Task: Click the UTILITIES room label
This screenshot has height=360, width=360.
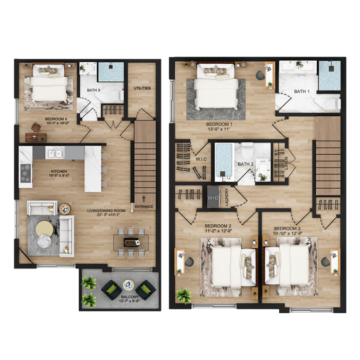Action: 142,88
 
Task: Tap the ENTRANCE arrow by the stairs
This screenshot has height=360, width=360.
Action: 143,199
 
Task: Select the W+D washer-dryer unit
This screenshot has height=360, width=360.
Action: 213,197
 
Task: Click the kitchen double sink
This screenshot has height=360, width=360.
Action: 55,153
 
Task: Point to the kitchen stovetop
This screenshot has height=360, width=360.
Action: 26,173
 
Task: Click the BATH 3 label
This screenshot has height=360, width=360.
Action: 94,90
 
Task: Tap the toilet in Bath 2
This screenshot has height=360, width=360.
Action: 247,151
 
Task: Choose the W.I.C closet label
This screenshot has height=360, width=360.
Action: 201,159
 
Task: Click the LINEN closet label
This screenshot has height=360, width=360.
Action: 286,163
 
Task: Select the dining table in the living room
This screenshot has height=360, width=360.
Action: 131,242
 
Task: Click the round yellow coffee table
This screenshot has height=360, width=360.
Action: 45,228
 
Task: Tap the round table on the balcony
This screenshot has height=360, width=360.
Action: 129,285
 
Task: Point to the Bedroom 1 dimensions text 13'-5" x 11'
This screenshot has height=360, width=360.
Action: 219,129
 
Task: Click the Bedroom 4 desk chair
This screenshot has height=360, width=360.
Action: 36,127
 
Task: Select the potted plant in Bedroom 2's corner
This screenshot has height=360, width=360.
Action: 184,296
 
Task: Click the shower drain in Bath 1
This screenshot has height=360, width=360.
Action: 332,68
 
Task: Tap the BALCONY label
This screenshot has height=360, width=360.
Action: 130,297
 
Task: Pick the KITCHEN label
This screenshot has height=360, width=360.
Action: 59,171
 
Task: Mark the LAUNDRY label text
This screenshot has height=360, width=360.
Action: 227,197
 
